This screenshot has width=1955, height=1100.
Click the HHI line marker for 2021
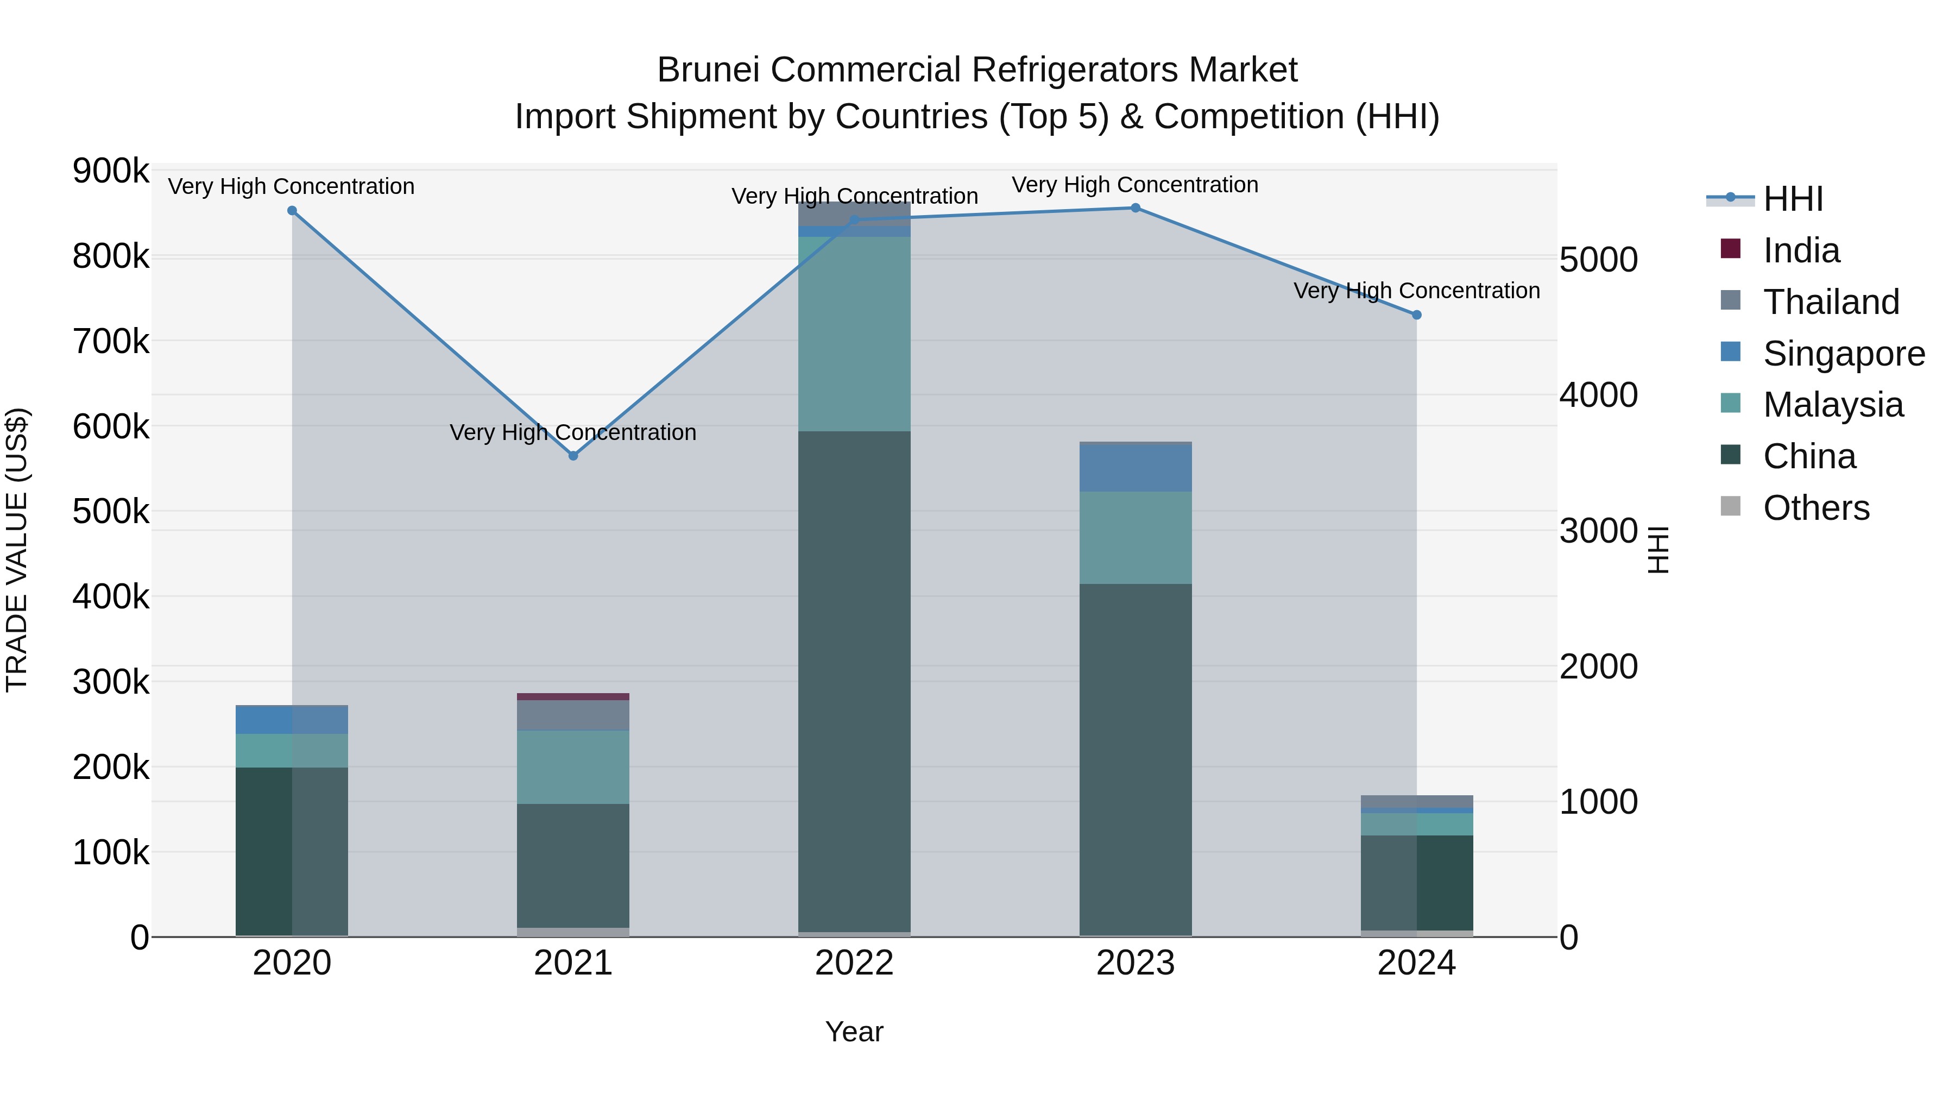573,456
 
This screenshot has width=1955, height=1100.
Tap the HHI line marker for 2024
1416,315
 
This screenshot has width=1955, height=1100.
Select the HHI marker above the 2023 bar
1136,208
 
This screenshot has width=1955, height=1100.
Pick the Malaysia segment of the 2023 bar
1136,537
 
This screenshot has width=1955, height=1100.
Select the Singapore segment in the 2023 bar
1136,468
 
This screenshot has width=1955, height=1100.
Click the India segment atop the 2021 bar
573,696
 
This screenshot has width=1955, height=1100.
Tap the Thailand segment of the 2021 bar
573,715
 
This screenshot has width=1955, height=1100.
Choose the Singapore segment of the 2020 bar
292,720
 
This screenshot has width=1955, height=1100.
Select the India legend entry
1800,250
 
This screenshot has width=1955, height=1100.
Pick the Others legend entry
1815,508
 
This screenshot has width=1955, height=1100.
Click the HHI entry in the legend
1792,199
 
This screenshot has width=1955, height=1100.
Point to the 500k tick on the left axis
111,512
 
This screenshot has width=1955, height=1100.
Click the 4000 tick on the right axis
1598,395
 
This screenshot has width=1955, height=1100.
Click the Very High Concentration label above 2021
573,432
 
